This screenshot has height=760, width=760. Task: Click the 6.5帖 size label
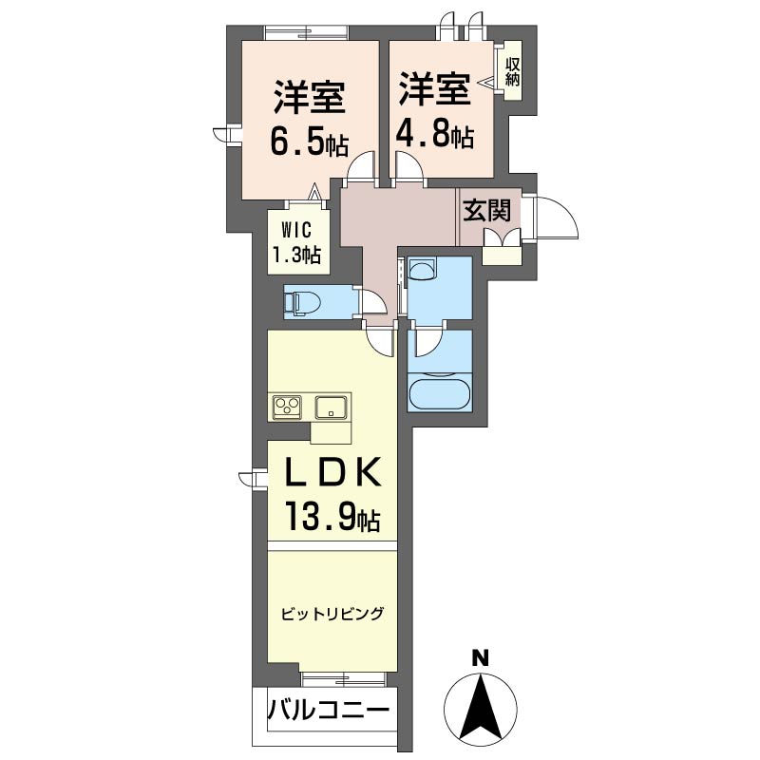click(309, 142)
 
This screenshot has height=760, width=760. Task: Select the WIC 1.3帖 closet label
click(296, 242)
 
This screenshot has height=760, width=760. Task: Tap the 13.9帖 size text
click(332, 518)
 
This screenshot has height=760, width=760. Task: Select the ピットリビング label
click(332, 614)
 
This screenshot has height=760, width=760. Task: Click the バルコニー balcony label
click(328, 710)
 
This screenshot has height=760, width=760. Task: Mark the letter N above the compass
click(481, 656)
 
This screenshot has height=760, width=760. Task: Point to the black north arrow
click(482, 708)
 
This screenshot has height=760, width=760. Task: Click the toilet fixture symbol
click(302, 303)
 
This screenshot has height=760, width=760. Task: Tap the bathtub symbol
click(440, 392)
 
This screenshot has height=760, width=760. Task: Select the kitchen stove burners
click(287, 407)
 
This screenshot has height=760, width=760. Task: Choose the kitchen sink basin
click(332, 407)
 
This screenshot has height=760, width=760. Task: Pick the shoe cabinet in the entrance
click(500, 252)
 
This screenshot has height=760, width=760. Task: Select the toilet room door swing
click(372, 301)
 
